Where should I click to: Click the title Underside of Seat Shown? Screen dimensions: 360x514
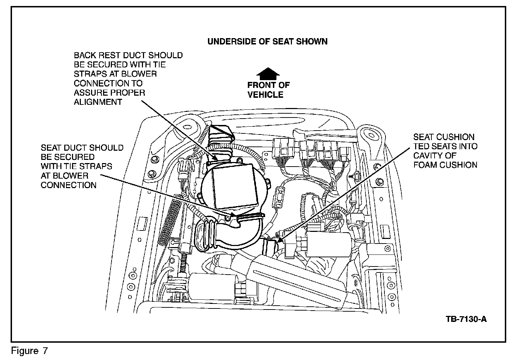tap(267, 41)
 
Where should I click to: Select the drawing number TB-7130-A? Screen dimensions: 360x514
tap(466, 319)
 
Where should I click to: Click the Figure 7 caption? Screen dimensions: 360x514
tap(29, 351)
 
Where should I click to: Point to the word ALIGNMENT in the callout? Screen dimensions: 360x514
tap(98, 102)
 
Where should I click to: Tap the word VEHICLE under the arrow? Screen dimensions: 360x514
tap(265, 95)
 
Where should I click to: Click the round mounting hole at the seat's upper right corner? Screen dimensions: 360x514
tap(370, 134)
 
